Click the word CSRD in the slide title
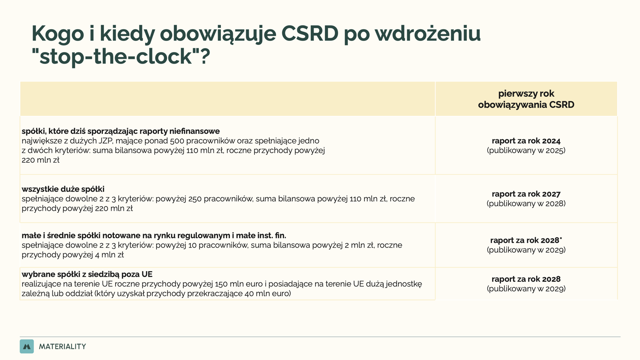[310, 34]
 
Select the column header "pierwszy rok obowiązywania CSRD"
[526, 99]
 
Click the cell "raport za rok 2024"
[526, 141]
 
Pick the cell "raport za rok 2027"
[526, 194]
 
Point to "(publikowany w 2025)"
[526, 150]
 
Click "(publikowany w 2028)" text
[526, 204]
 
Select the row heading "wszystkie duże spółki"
[63, 189]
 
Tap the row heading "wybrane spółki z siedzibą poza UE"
[87, 274]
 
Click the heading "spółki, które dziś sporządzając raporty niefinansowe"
[120, 131]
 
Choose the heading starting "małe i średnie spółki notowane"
[154, 236]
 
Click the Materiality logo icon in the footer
[27, 346]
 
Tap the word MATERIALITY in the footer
[62, 346]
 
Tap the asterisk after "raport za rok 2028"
[561, 238]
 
